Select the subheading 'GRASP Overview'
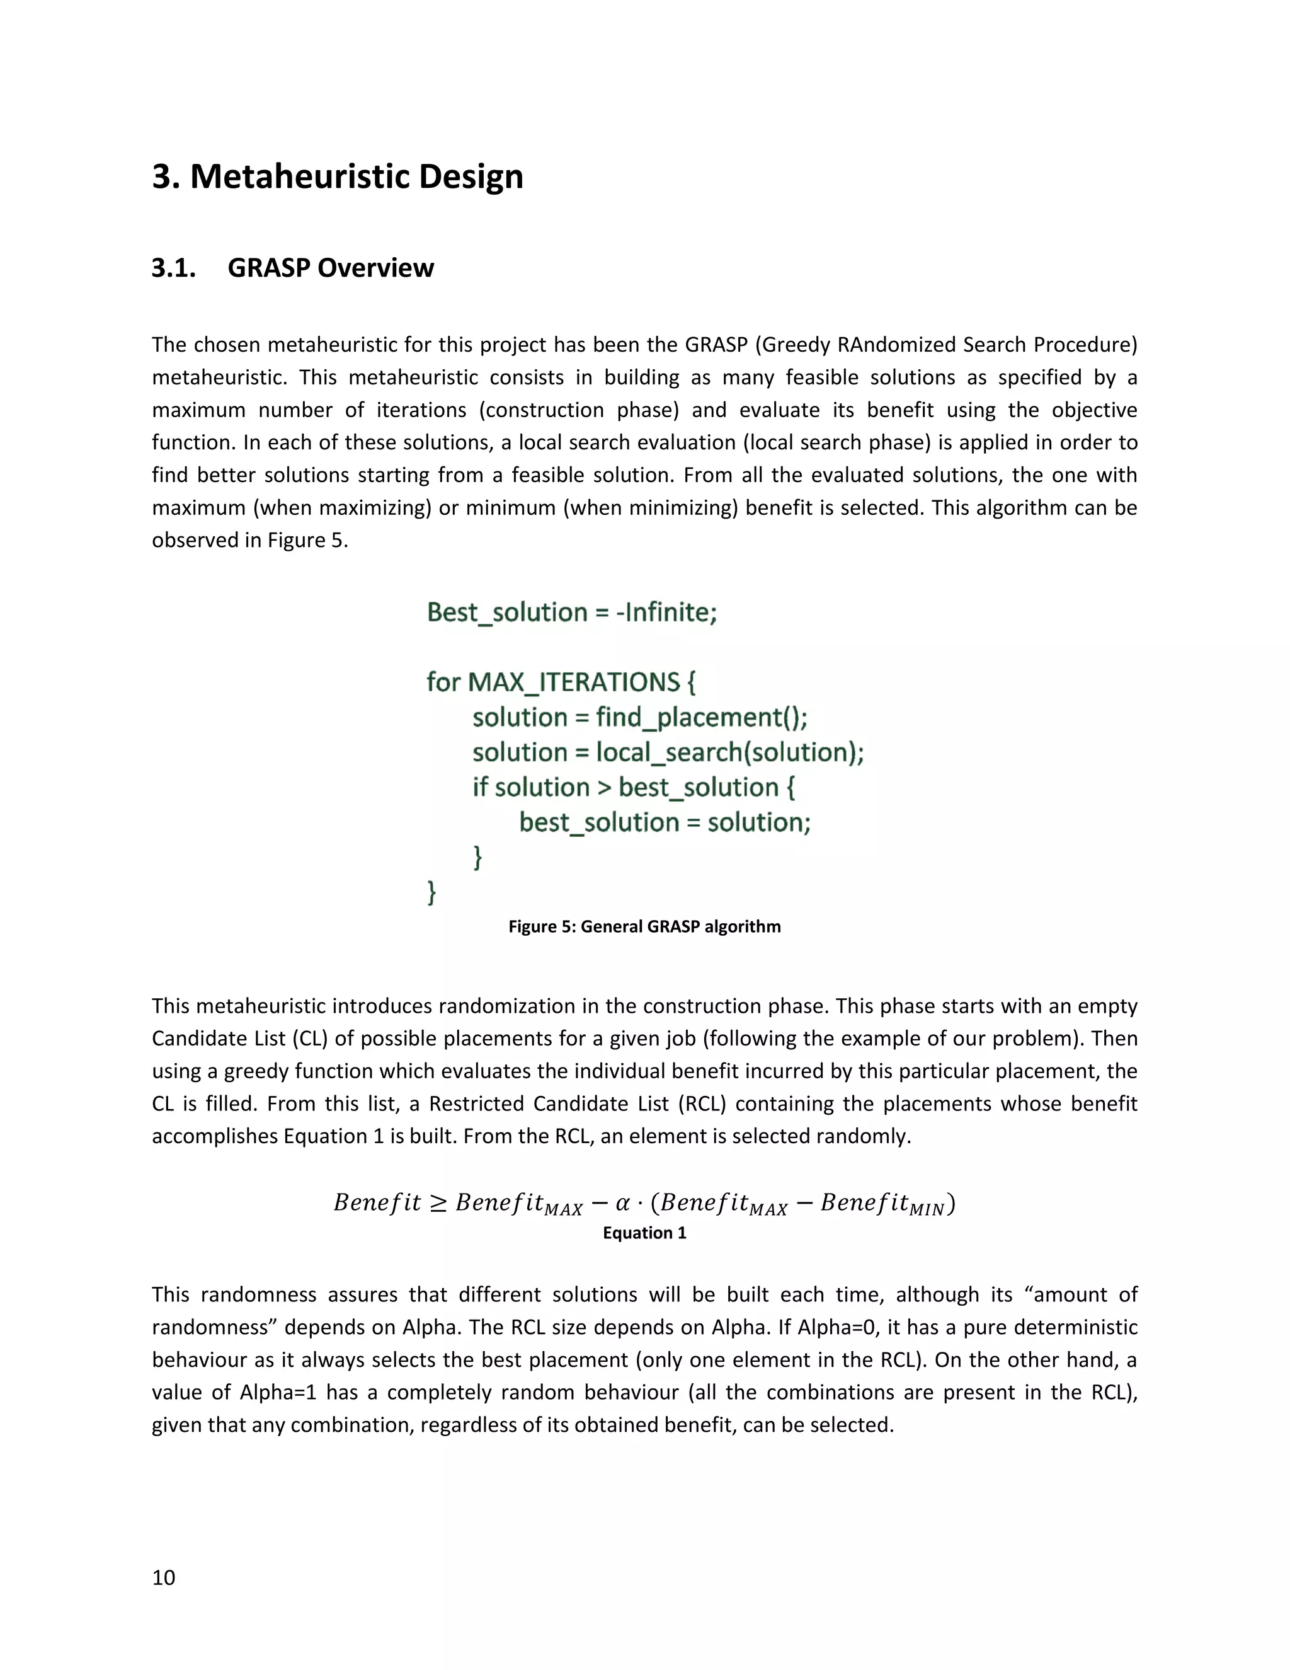pyautogui.click(x=330, y=268)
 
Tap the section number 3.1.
pyautogui.click(x=174, y=268)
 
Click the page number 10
pyautogui.click(x=164, y=1577)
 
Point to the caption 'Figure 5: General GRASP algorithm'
pyautogui.click(x=644, y=927)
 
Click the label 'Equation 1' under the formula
pyautogui.click(x=644, y=1233)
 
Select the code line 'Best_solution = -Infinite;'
pyautogui.click(x=572, y=613)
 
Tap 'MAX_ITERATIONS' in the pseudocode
pyautogui.click(x=573, y=682)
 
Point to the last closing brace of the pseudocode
pyautogui.click(x=431, y=892)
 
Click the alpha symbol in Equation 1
pyautogui.click(x=623, y=1203)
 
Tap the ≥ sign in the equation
pyautogui.click(x=438, y=1203)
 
